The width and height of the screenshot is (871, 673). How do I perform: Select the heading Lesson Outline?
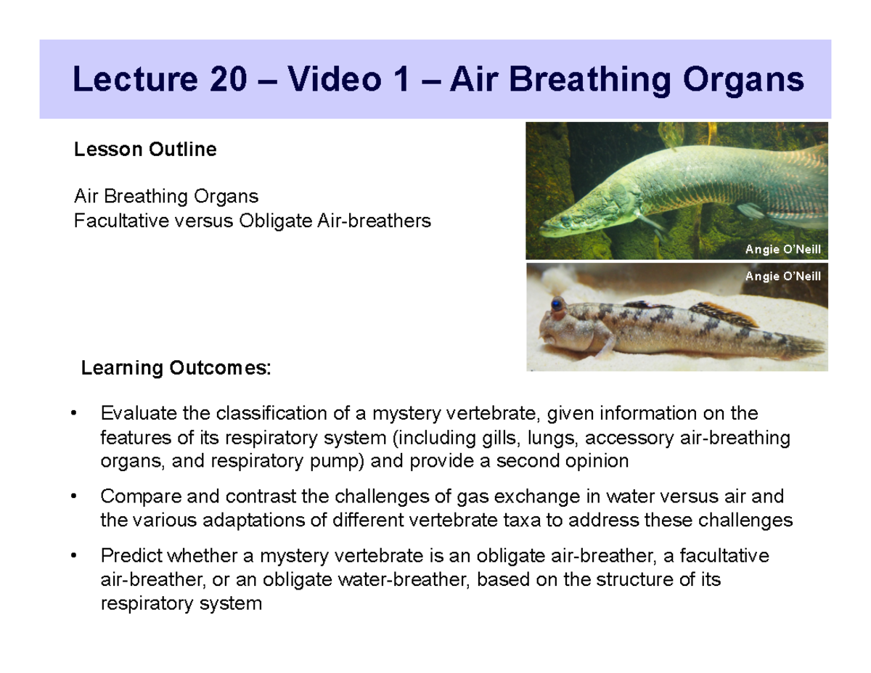[145, 150]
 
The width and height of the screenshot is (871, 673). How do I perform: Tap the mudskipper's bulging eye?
[557, 303]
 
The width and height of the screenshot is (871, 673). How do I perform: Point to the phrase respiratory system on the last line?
[180, 603]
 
